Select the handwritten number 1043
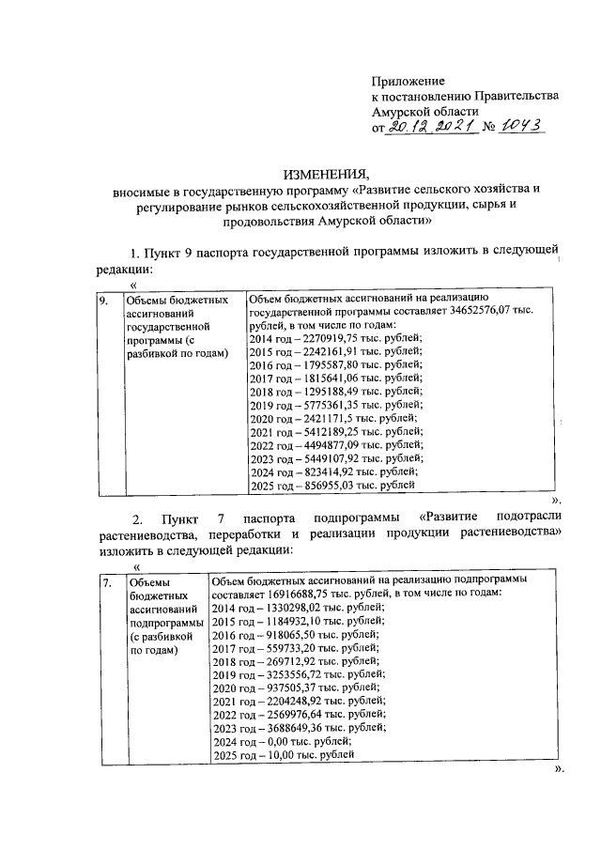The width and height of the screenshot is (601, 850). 521,128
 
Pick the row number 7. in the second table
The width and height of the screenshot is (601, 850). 107,582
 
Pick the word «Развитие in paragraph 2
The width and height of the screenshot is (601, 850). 452,518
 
